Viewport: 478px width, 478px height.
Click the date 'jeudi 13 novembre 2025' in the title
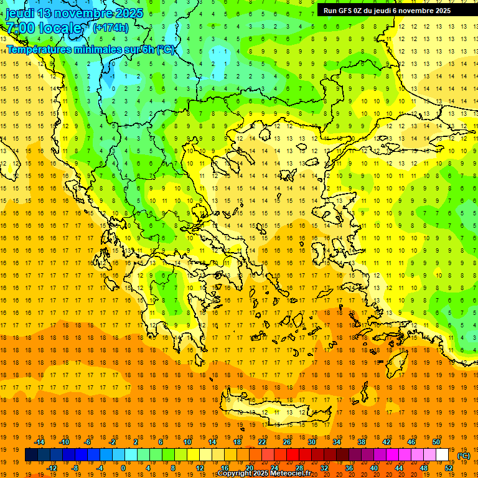[x=74, y=13]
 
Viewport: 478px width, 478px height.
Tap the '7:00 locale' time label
[x=44, y=28]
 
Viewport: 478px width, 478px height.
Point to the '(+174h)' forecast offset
[x=111, y=27]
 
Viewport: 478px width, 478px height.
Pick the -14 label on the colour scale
[x=40, y=442]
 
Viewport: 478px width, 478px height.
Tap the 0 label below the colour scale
[x=123, y=468]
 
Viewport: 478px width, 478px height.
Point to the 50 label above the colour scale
[x=436, y=442]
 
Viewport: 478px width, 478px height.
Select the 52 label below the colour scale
[x=449, y=468]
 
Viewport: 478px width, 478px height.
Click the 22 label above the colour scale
[x=262, y=442]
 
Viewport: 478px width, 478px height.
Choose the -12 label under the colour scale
[x=52, y=468]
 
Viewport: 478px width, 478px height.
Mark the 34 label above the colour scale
[x=337, y=442]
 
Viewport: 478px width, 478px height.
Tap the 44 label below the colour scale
[x=399, y=468]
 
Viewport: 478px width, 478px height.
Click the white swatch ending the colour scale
[x=443, y=455]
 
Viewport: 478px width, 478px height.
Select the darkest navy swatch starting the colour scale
[x=31, y=455]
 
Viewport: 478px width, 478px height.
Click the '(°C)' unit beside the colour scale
[x=464, y=456]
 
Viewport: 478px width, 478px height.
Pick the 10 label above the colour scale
[x=187, y=442]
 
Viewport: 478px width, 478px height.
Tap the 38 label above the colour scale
[x=362, y=442]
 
